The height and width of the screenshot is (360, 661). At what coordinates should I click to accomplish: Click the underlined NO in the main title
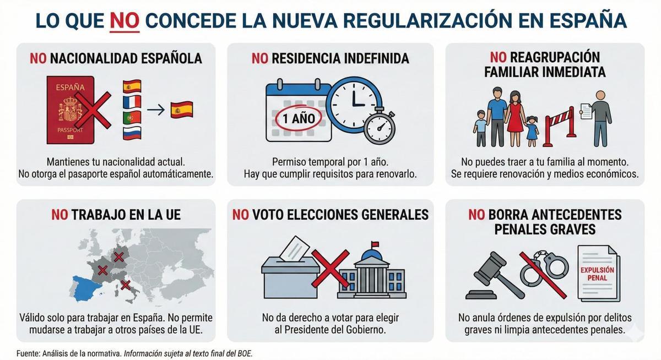tap(124, 20)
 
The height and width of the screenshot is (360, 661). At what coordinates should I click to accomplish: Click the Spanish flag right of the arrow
tap(182, 110)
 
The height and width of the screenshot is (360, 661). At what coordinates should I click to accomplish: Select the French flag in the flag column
tap(132, 102)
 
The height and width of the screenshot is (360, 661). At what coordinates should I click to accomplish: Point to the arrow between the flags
tap(156, 110)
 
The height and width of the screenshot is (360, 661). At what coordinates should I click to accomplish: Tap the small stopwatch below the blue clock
tap(380, 128)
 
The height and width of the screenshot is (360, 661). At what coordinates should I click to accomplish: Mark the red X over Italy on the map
tap(126, 285)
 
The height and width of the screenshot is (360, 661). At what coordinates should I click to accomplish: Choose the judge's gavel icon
tap(492, 275)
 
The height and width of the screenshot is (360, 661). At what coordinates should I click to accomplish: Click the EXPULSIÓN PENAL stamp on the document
tap(597, 274)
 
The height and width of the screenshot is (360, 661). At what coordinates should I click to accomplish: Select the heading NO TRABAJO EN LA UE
tap(116, 215)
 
